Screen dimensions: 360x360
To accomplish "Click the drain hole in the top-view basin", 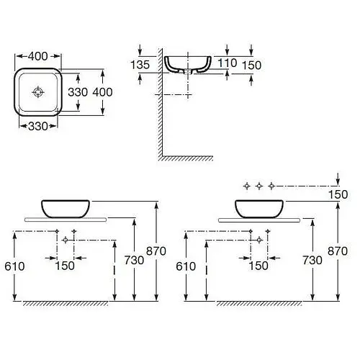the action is click(38, 92).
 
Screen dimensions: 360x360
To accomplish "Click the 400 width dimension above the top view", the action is click(38, 56).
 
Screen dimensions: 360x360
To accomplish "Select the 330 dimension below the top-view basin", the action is click(38, 126).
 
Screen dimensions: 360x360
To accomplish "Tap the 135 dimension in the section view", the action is click(140, 65).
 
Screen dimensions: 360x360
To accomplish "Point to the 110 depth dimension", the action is click(227, 63).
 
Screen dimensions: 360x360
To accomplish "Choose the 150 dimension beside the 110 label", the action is click(251, 66).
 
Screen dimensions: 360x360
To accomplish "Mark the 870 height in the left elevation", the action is click(156, 251).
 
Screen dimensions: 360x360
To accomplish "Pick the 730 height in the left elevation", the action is click(134, 260).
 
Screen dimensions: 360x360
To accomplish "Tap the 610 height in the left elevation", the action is click(14, 266).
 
